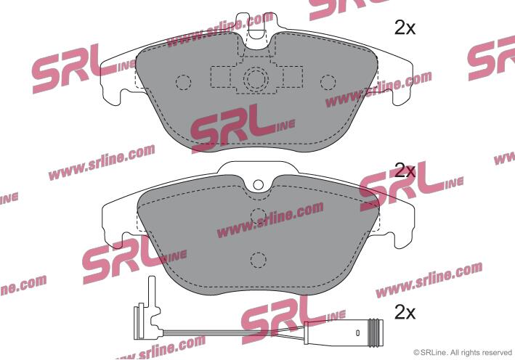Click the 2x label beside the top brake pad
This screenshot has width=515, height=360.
[405, 28]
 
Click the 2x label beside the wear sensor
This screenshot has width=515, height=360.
[405, 312]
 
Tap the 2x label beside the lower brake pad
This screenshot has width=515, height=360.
[405, 171]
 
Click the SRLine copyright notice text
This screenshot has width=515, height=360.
[463, 353]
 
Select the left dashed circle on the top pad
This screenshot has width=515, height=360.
[183, 82]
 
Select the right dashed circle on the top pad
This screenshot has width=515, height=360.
[328, 82]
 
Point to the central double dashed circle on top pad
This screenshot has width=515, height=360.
[256, 79]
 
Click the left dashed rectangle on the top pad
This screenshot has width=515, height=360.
[221, 77]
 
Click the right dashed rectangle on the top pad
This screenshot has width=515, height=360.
[292, 77]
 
